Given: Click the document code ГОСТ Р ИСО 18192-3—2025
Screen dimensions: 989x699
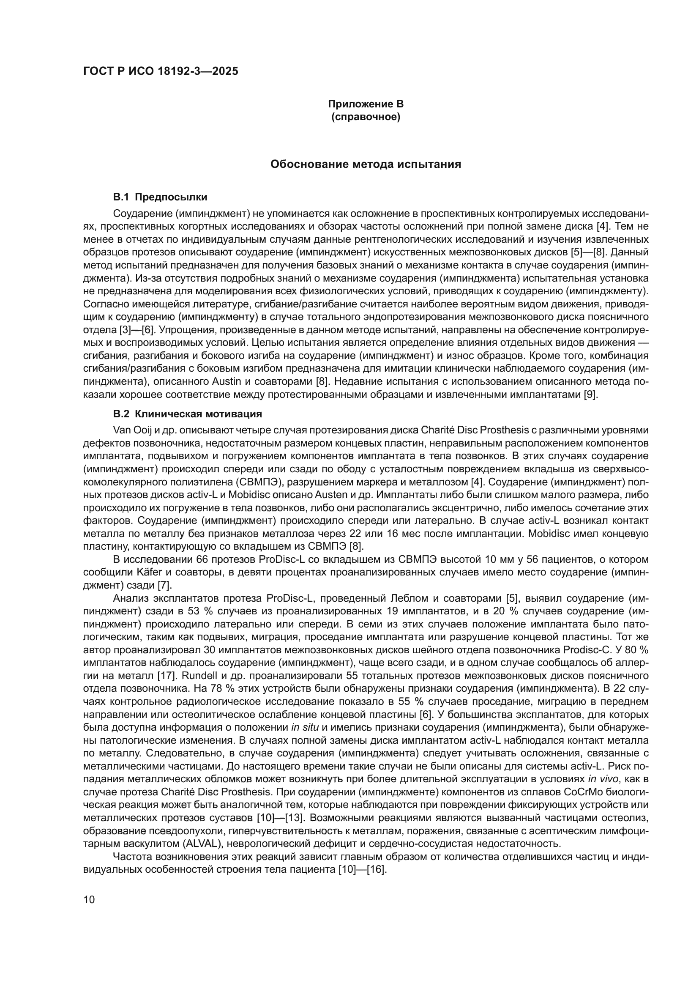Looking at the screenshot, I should coord(161,71).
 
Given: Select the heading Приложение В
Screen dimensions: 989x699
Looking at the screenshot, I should coord(366,104).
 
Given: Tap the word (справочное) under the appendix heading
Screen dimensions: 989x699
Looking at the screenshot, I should coord(366,117).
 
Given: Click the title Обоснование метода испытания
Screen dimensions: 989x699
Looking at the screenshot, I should coord(366,164).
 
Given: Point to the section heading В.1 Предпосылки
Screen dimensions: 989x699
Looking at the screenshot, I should coord(160,197).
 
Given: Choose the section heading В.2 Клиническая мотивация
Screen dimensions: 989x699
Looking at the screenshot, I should coord(187,414).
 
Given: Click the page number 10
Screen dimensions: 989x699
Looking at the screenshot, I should coord(89,899).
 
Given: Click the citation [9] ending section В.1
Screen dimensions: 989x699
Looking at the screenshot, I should coord(589,395).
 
